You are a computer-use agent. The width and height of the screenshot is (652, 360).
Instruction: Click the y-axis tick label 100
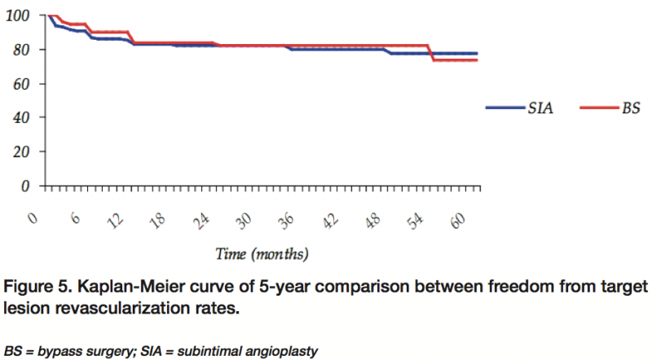(x=16, y=15)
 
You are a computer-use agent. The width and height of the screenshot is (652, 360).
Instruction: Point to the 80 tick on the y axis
(x=20, y=50)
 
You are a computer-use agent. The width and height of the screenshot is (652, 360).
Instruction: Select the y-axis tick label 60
(x=20, y=84)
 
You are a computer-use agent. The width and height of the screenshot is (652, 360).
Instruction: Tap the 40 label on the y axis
(x=20, y=117)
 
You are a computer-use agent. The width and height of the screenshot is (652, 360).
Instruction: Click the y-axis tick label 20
(x=20, y=151)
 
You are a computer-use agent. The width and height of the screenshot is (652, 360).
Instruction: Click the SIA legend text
(x=541, y=108)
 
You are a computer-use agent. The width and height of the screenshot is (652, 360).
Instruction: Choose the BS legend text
(x=631, y=108)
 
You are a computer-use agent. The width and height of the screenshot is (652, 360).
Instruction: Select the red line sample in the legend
(x=598, y=108)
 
